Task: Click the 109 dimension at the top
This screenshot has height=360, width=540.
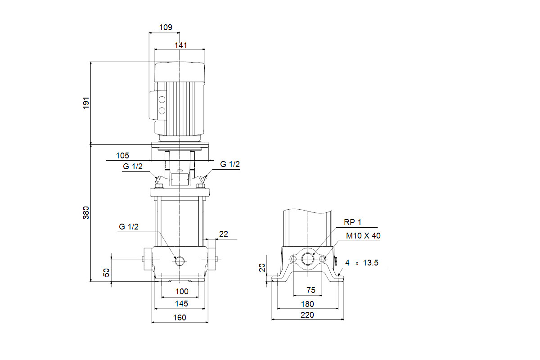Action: point(166,27)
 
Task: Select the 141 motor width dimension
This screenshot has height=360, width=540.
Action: point(180,45)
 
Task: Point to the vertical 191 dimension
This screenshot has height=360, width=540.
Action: point(86,103)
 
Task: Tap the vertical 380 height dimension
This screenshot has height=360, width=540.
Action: point(86,213)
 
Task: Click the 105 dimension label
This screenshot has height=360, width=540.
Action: point(122,156)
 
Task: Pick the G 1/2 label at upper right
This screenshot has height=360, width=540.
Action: point(230,164)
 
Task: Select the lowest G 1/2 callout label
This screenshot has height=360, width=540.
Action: point(129,227)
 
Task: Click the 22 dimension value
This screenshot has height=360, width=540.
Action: point(224,234)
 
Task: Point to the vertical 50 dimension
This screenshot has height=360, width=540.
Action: point(106,272)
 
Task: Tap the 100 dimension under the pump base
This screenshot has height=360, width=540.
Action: point(182,292)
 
